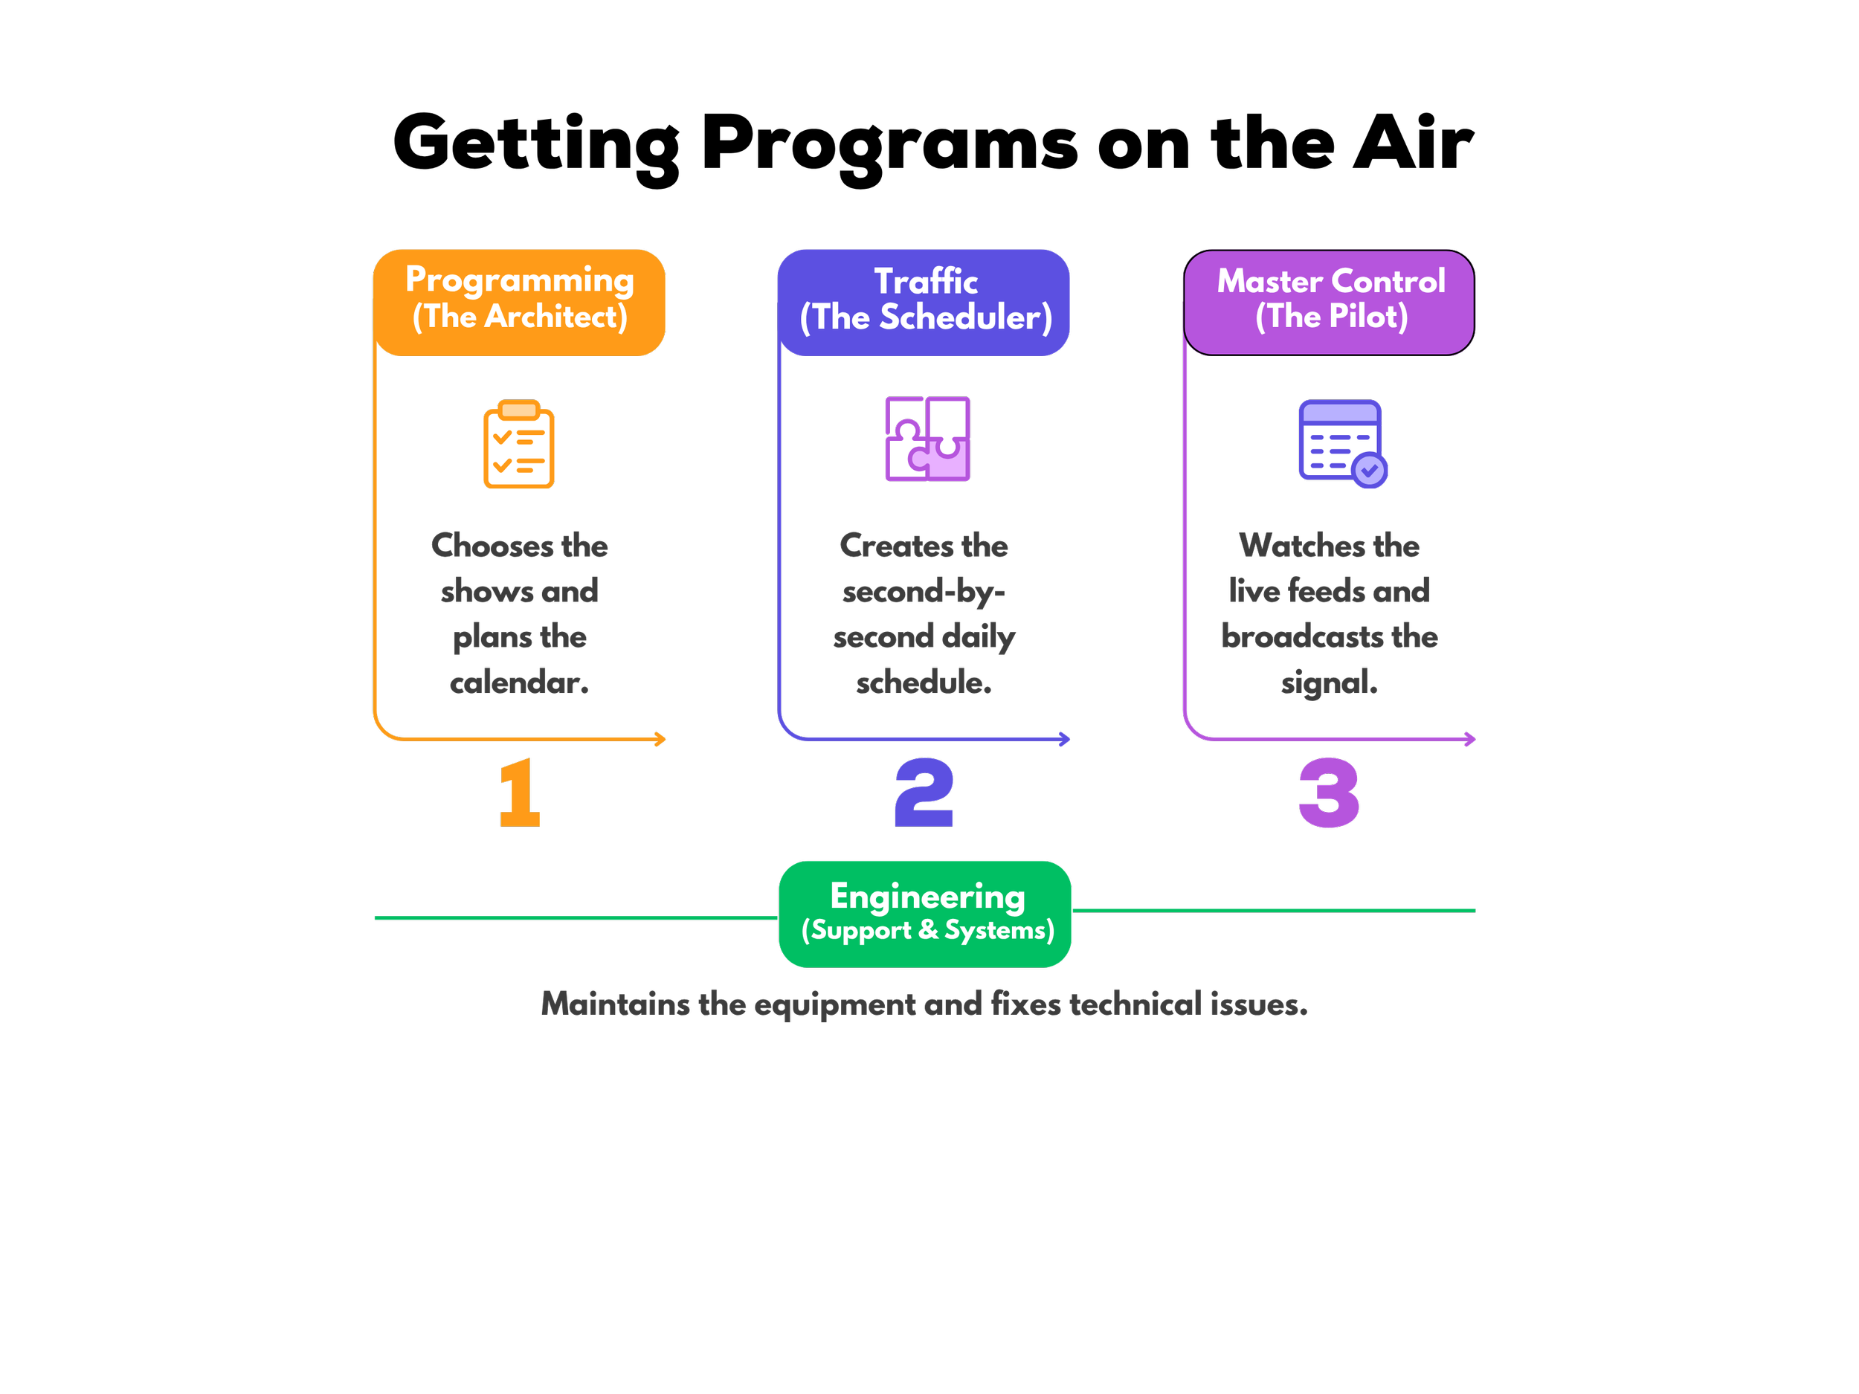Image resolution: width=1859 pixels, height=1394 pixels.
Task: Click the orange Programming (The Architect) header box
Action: (x=519, y=303)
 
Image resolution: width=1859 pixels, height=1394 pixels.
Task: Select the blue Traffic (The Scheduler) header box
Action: (x=924, y=303)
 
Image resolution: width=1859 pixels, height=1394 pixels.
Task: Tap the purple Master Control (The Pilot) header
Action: (x=1329, y=303)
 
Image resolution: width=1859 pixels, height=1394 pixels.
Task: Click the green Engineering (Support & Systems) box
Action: (x=924, y=914)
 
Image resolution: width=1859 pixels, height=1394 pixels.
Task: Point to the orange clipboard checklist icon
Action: (x=518, y=444)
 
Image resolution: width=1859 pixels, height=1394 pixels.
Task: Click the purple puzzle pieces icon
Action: (x=927, y=439)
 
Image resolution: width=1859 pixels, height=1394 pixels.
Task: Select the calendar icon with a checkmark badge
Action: (x=1342, y=444)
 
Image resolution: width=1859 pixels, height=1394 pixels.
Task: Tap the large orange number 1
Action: (x=519, y=793)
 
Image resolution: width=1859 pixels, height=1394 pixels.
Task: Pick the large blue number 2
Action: (x=924, y=793)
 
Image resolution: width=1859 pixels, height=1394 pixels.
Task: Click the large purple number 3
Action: (x=1329, y=793)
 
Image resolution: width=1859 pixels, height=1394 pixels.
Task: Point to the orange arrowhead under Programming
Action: (x=660, y=740)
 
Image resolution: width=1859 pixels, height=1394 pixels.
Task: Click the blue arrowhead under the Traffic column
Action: (x=1065, y=740)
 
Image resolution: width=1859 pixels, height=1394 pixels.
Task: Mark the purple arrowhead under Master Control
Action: (x=1470, y=740)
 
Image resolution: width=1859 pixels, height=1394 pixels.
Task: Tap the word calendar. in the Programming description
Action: (x=519, y=683)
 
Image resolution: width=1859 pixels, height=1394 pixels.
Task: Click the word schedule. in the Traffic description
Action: (x=924, y=683)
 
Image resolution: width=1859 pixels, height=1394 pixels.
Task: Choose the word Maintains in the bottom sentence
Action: (x=615, y=1004)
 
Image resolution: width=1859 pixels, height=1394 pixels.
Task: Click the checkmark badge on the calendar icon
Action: (x=1370, y=471)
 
